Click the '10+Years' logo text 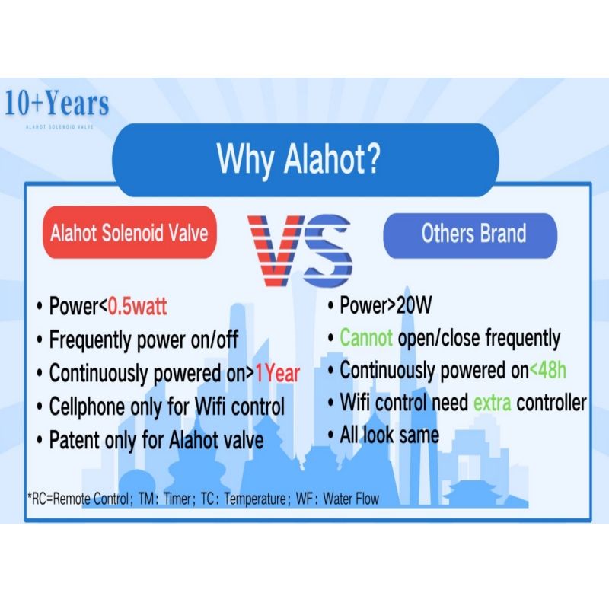pos(56,104)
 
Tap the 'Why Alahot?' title pos(298,159)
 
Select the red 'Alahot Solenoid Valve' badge pos(129,232)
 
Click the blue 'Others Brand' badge pos(470,235)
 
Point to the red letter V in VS pos(275,250)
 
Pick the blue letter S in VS pos(327,250)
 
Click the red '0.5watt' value pos(137,306)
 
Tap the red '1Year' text pos(277,373)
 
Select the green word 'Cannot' pos(366,337)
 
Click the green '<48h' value pos(547,370)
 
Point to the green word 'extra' pos(492,403)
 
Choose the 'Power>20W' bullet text pos(385,305)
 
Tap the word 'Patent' pos(74,440)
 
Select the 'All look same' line pos(389,435)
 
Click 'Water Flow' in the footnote pos(351,499)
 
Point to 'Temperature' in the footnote pos(255,499)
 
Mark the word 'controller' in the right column pos(551,403)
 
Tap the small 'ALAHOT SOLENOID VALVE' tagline pos(59,126)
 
